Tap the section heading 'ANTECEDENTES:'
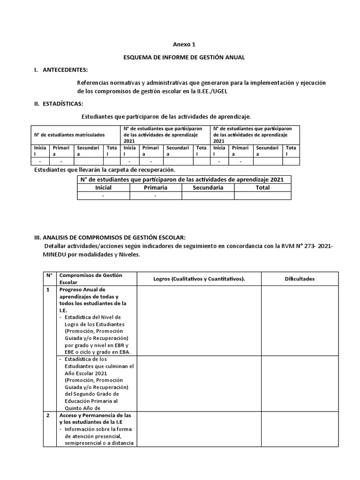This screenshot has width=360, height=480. point(65,70)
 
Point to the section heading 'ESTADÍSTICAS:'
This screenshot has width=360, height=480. point(63,103)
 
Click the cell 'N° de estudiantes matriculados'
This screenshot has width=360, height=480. point(69,135)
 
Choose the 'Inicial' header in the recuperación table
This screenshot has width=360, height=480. point(103,187)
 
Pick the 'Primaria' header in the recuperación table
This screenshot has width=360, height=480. point(156,187)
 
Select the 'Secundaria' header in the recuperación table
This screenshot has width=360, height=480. point(208,187)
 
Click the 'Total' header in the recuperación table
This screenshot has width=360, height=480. point(262,187)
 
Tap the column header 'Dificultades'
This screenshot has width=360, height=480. point(300,279)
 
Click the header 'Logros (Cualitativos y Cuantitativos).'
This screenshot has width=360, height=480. point(199,279)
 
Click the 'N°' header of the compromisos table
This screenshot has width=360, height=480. point(49,276)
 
